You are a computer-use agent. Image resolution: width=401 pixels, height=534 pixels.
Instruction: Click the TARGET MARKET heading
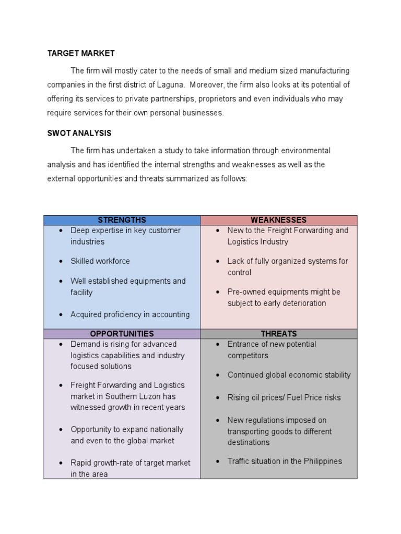click(81, 53)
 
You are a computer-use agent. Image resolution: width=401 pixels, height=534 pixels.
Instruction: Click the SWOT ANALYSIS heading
click(79, 133)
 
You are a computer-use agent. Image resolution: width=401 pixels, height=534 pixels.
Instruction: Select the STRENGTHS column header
click(122, 220)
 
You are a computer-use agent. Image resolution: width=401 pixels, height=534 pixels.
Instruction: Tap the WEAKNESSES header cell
click(279, 220)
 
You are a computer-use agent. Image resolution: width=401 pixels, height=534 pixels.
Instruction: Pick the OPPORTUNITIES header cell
click(122, 334)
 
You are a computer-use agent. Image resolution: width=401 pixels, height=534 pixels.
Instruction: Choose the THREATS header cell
click(279, 334)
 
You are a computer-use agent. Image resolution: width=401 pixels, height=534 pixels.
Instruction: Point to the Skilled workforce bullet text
click(100, 261)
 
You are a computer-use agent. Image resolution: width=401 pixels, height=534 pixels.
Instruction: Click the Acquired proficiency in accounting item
click(130, 314)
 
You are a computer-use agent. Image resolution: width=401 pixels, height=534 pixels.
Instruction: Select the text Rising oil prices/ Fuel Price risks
click(284, 397)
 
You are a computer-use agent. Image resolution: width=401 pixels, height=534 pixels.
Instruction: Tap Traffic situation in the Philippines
click(285, 461)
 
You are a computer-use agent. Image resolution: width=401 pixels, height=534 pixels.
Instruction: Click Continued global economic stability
click(289, 375)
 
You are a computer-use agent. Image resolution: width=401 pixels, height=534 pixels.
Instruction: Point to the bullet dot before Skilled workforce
click(61, 261)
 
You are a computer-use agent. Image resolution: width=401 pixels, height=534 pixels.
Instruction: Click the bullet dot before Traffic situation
click(218, 462)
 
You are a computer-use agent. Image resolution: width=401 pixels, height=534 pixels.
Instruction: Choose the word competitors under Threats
click(247, 356)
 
